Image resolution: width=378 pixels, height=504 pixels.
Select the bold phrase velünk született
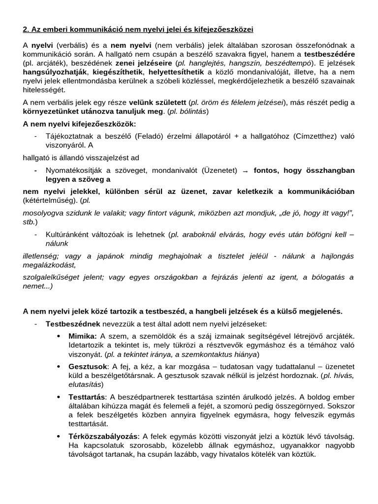click(x=157, y=102)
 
